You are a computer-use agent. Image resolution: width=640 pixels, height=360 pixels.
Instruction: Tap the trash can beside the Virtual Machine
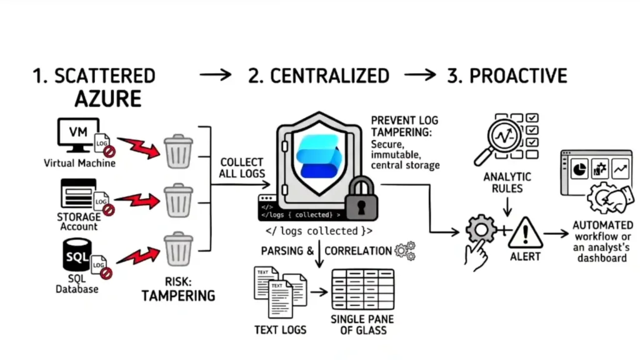[x=178, y=151]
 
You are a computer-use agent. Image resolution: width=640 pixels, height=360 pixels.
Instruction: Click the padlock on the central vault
[x=361, y=199]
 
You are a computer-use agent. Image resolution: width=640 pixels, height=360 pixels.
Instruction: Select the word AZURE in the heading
[x=108, y=99]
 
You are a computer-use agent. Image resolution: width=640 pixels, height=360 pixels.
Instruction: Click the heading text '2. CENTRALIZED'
[x=319, y=76]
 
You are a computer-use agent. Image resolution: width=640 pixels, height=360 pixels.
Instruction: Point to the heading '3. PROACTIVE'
[x=507, y=76]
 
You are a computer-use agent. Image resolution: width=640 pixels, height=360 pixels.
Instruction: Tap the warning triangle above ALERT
[x=524, y=232]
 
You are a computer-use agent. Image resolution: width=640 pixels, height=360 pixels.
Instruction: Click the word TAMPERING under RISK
[x=178, y=295]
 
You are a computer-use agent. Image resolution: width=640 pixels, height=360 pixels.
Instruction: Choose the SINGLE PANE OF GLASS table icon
[x=362, y=289]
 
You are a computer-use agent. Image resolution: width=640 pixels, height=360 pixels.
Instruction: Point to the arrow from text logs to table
[x=318, y=291]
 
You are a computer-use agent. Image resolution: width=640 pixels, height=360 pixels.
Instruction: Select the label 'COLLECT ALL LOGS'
[x=242, y=167]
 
